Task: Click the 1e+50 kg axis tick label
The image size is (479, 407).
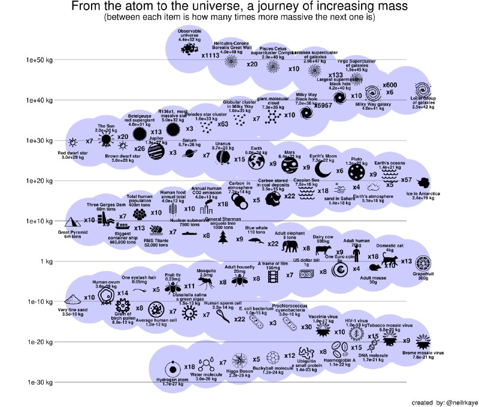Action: [x=38, y=60]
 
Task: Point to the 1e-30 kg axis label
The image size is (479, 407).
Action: [x=38, y=382]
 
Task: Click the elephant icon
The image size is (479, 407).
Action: [x=290, y=247]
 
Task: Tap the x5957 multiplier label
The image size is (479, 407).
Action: [x=323, y=105]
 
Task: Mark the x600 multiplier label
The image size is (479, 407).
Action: [x=389, y=85]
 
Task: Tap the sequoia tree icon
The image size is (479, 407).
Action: [x=224, y=238]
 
